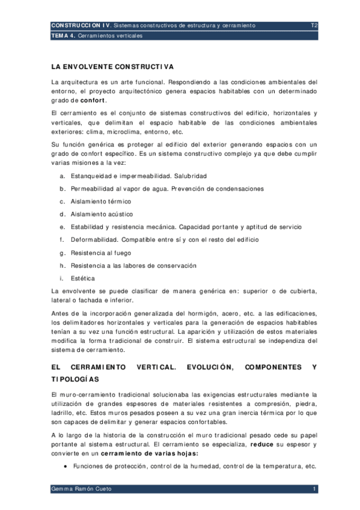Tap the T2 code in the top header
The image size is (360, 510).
tap(314, 25)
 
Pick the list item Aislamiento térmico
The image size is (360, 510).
tap(100, 201)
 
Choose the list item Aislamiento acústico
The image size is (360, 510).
tap(102, 214)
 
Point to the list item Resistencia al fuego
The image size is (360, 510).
tap(100, 253)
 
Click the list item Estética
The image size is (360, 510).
tap(82, 278)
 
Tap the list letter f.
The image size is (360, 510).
tap(61, 240)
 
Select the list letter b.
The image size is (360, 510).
tap(62, 189)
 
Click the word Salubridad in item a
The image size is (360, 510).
tap(186, 176)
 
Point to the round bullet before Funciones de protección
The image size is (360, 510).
tap(65, 466)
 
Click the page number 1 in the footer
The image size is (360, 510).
tap(314, 490)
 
